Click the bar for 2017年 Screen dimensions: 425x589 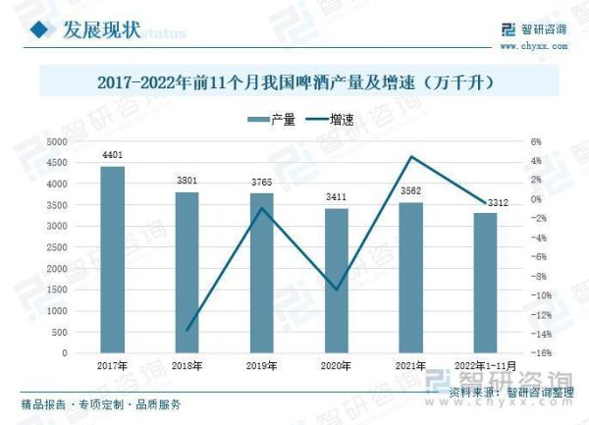(113, 260)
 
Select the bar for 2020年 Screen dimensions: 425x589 (337, 281)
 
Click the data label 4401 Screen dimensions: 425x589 (113, 155)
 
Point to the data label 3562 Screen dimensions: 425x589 (411, 191)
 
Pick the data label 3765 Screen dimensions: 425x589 (262, 183)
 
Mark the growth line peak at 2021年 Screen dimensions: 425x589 (411, 157)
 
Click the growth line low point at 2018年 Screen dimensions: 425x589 (187, 330)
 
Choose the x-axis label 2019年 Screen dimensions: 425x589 (262, 365)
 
